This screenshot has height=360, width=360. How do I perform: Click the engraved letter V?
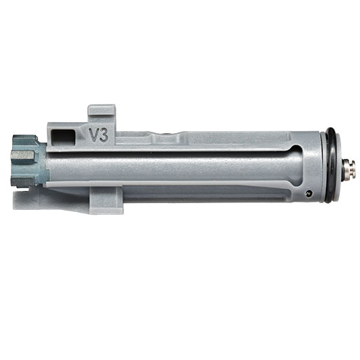[94, 134]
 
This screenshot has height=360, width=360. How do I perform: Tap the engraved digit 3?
[104, 134]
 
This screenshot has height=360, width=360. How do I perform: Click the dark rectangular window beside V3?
[63, 137]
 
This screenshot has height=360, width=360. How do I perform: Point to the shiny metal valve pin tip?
[349, 168]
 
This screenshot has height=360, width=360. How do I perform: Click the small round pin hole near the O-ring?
[308, 194]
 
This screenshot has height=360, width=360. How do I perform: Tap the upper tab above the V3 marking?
[102, 112]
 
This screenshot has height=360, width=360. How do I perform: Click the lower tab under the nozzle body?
[106, 200]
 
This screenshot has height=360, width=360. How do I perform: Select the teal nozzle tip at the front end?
[29, 161]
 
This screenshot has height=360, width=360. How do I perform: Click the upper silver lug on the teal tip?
[22, 156]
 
